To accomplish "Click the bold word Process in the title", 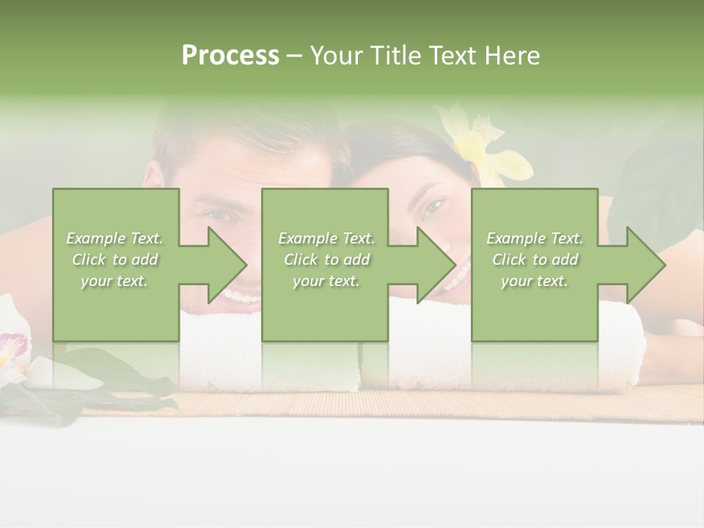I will pos(230,56).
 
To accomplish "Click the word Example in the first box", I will pos(95,238).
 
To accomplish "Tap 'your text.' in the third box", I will pos(534,281).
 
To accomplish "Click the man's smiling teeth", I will pos(242,297).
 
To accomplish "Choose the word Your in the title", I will pos(337,56).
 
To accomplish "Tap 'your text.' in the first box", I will pos(114,281).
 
